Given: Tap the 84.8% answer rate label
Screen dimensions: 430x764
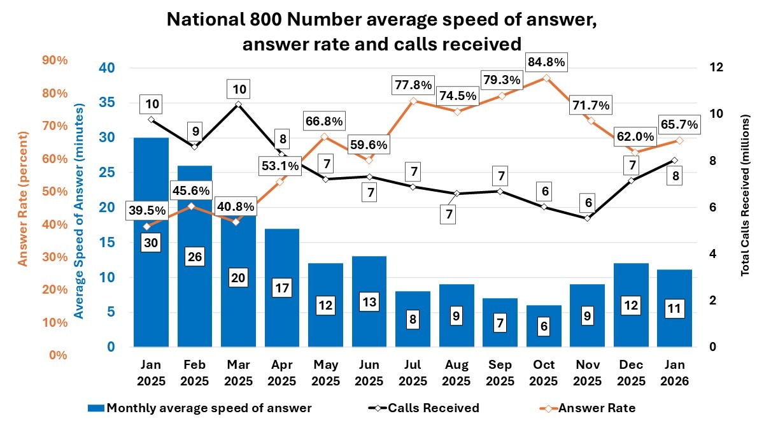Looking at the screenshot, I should pos(546,62).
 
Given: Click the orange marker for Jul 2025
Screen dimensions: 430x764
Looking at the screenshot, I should pos(413,101).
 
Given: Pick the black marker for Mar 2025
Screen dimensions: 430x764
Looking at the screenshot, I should pos(238,104).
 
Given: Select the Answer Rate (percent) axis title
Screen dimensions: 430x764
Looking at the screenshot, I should pos(23,199).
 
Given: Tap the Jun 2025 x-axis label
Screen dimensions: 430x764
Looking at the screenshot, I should pos(370,373).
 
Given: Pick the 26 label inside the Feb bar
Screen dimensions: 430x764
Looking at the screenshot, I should pos(194,257).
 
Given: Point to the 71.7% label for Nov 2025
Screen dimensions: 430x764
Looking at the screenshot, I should pos(589,104).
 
